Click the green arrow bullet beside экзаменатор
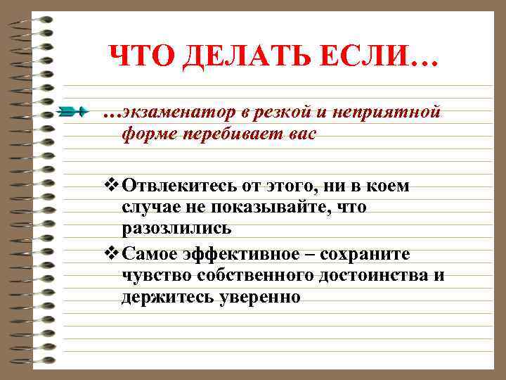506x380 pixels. tap(73, 111)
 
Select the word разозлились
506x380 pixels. tap(176, 229)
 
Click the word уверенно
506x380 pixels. tap(259, 297)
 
